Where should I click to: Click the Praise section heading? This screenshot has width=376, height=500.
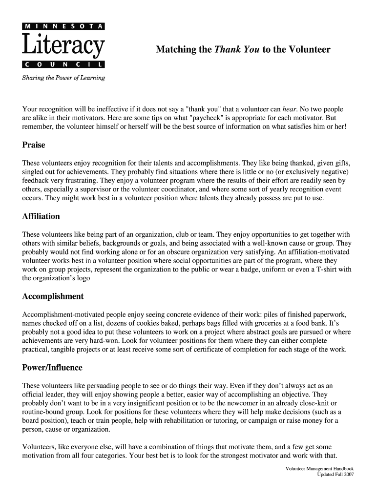[x=34, y=145]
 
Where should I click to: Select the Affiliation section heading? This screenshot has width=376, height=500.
[x=41, y=216]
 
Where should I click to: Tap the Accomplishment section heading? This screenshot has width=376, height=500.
[x=53, y=296]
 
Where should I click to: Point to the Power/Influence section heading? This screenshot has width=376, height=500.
[x=52, y=368]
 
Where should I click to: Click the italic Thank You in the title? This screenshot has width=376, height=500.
[x=237, y=50]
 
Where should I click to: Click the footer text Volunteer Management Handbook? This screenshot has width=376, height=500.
[x=319, y=469]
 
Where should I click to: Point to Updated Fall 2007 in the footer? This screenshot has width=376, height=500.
[x=335, y=475]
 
